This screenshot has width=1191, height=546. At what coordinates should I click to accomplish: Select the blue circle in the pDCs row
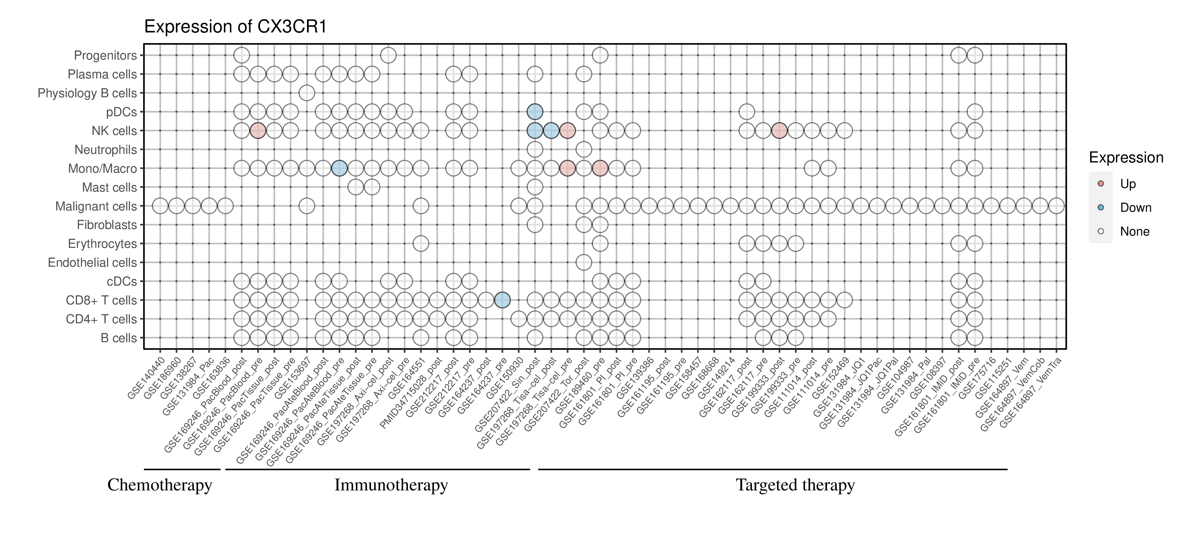tap(535, 112)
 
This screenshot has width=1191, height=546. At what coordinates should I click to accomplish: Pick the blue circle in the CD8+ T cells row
tap(502, 300)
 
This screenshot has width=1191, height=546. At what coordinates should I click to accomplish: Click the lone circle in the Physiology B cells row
tap(307, 93)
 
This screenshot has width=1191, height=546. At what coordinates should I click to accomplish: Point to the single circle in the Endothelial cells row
tap(584, 263)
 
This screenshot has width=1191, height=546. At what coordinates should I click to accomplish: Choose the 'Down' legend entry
tap(1135, 207)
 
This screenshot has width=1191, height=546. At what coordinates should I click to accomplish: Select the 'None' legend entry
tap(1134, 232)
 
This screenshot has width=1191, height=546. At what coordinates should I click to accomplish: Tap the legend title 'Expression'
tap(1126, 158)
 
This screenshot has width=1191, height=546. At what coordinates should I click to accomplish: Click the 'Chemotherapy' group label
tap(159, 485)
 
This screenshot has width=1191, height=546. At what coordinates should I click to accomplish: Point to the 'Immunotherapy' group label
tap(391, 485)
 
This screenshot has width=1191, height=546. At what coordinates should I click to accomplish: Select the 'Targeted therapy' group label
tap(795, 485)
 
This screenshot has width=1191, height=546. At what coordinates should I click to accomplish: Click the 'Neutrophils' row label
tap(106, 150)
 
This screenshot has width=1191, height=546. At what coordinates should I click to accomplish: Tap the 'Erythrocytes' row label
tap(102, 244)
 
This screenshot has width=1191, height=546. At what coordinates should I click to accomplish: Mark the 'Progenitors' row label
tap(106, 56)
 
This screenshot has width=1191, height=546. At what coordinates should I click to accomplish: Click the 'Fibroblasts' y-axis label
tap(107, 225)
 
